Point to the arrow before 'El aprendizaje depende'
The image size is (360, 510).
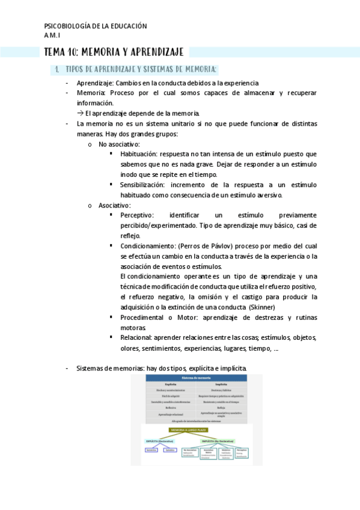[81, 113]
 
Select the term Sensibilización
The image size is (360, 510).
[142, 185]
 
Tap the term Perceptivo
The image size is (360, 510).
[136, 215]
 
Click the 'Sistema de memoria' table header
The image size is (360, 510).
[196, 378]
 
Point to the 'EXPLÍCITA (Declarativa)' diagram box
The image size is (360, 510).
[160, 441]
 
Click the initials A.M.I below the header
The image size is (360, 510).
[53, 35]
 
